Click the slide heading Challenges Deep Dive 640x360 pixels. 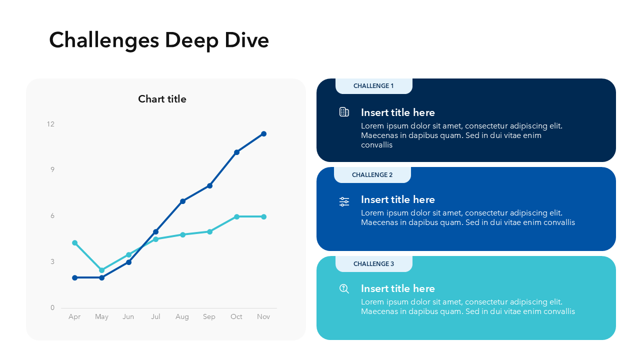click(159, 40)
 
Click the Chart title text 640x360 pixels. click(162, 99)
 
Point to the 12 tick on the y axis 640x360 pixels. click(50, 124)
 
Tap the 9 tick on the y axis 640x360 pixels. click(52, 169)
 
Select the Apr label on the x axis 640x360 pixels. click(74, 316)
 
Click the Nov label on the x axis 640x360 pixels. click(263, 316)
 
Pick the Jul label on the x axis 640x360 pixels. click(155, 316)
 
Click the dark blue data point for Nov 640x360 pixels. click(263, 134)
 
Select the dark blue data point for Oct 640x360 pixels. click(236, 152)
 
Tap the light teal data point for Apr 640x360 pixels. click(75, 243)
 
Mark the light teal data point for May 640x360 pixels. click(102, 270)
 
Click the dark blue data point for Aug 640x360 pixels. click(182, 201)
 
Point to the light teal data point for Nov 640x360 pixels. click(263, 216)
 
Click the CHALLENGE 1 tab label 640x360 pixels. click(373, 86)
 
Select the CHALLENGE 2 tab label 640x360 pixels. click(372, 175)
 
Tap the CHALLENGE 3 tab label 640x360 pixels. click(373, 264)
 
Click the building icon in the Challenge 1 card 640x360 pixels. click(344, 112)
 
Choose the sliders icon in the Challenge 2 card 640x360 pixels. click(344, 201)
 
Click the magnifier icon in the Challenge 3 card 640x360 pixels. click(344, 288)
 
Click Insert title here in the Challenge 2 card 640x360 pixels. click(398, 199)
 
